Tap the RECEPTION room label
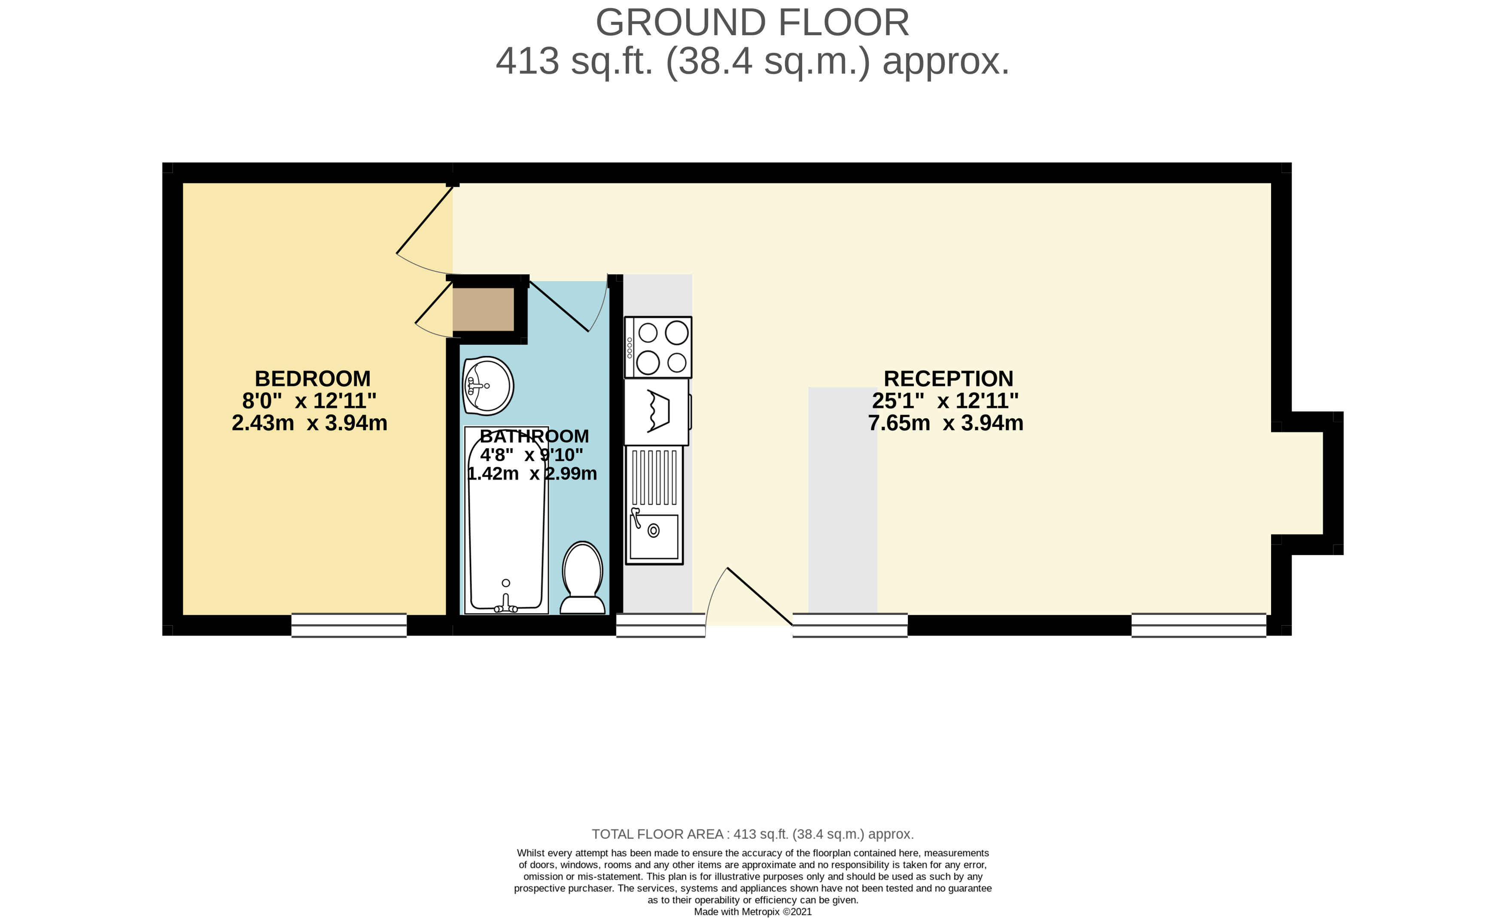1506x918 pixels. click(948, 379)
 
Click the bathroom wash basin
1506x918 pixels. click(488, 386)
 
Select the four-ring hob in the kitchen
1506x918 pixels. click(658, 347)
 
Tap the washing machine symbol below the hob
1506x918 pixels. click(657, 411)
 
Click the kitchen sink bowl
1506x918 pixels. click(654, 536)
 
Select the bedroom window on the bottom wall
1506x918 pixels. click(349, 625)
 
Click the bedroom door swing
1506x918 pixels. click(425, 232)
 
